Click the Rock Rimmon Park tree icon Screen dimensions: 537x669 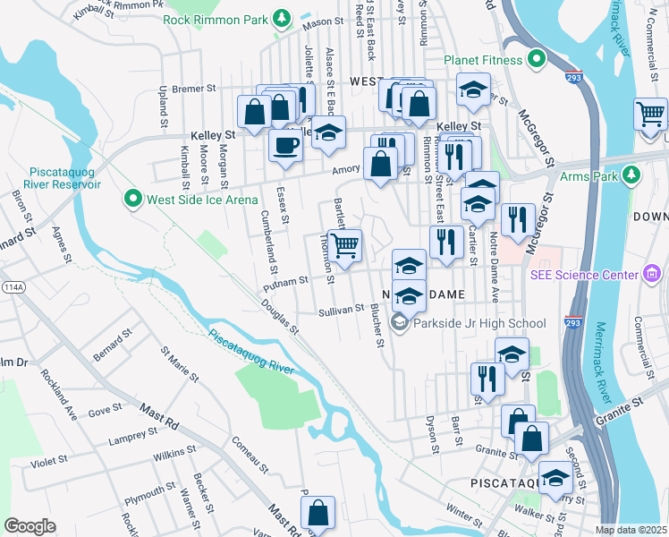[283, 17]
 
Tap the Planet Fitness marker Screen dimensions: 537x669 [536, 60]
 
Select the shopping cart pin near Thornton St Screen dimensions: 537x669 [344, 245]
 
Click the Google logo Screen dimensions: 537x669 [30, 526]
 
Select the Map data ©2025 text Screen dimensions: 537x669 [631, 530]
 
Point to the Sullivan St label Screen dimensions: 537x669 [341, 310]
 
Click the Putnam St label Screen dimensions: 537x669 [285, 286]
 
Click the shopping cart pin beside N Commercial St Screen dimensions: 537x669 [650, 114]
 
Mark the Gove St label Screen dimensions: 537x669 [105, 410]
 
